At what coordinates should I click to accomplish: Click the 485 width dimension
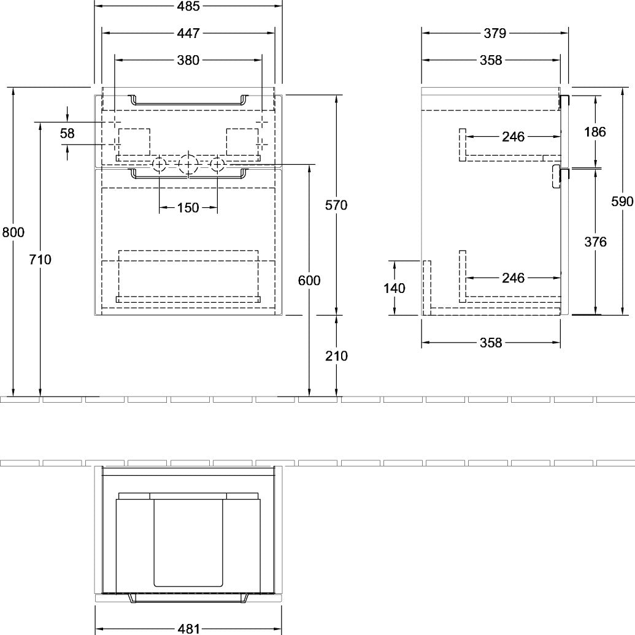(x=188, y=7)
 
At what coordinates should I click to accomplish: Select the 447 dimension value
(x=188, y=33)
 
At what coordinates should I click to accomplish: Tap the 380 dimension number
(x=188, y=60)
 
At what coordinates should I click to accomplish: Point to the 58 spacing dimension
(x=67, y=133)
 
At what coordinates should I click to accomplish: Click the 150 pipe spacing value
(x=188, y=208)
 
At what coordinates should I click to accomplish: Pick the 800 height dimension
(x=13, y=232)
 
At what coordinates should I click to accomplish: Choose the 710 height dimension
(x=40, y=259)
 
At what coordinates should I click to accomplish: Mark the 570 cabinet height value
(x=336, y=205)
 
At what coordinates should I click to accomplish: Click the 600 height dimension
(x=309, y=280)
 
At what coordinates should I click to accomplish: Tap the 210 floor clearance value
(x=336, y=356)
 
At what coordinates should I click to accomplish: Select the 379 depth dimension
(x=495, y=33)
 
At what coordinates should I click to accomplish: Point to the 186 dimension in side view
(x=595, y=132)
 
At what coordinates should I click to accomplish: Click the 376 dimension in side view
(x=595, y=241)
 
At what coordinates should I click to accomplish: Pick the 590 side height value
(x=622, y=201)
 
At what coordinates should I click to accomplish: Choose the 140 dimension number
(x=394, y=288)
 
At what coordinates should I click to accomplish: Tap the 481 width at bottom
(x=188, y=628)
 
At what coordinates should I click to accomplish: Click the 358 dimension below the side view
(x=491, y=343)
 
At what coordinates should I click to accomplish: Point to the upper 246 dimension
(x=513, y=137)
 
